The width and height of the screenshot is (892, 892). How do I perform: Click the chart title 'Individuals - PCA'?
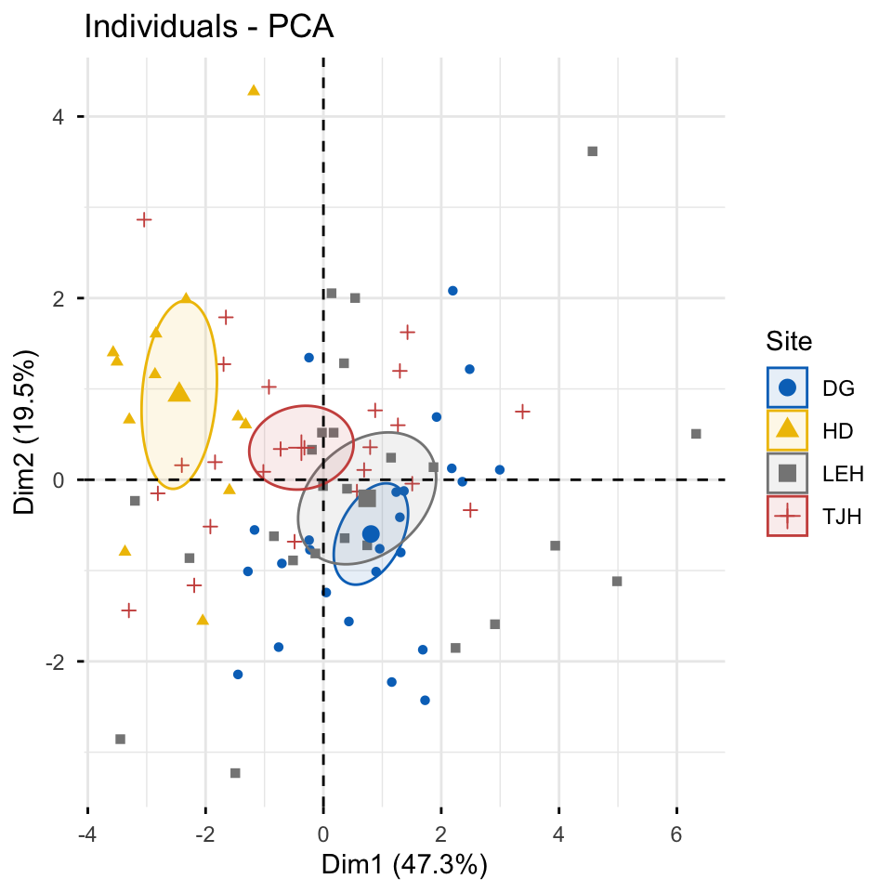coord(209,27)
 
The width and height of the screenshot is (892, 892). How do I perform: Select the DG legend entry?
coord(814,388)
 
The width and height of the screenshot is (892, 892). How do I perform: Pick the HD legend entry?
coord(814,430)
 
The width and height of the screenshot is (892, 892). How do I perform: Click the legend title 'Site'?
coord(789,341)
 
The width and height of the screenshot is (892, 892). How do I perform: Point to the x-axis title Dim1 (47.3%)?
coord(404,865)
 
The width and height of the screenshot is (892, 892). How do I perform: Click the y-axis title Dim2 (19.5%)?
coord(25,432)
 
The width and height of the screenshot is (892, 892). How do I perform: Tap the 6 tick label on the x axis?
coord(676,834)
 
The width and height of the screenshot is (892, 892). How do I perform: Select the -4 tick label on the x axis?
coord(87,834)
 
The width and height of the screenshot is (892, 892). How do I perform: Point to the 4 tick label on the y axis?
coord(58,117)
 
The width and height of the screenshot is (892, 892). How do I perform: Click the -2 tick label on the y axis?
coord(55,662)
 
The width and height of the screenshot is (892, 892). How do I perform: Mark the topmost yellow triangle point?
coord(254,90)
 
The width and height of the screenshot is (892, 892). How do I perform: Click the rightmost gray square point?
coord(696,434)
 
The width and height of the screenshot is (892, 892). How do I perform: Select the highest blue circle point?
coord(453,291)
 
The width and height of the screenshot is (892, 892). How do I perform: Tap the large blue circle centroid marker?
coord(371,534)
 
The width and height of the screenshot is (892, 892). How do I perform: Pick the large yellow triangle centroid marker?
coord(179,392)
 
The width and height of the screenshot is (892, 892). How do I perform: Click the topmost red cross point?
coord(144,219)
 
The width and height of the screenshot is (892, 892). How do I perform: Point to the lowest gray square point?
coord(235,773)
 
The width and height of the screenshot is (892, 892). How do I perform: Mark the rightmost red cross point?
coord(522,412)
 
